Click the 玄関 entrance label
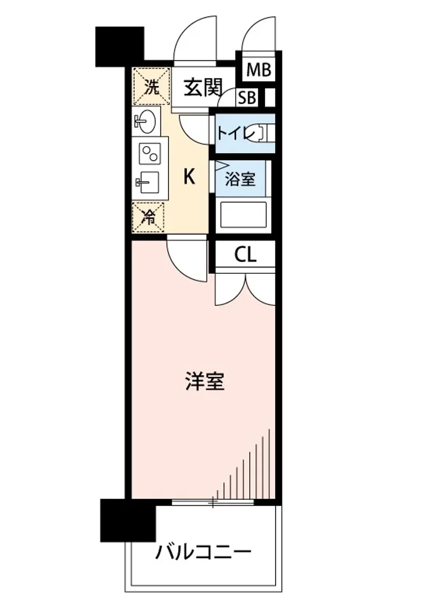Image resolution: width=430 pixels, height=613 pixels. point(203,88)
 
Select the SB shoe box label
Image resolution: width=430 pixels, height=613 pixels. point(248,98)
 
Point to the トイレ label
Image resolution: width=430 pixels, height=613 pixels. point(235,133)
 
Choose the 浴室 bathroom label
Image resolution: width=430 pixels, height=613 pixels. point(240,179)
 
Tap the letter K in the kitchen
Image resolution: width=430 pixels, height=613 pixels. point(188,177)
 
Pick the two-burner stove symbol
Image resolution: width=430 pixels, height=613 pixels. point(150,154)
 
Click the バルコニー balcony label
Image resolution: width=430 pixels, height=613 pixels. point(204,553)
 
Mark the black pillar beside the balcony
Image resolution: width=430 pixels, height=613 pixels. point(128,520)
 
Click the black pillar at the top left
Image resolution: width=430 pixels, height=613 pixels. point(120,46)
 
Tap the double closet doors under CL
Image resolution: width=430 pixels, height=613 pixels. point(246,289)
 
